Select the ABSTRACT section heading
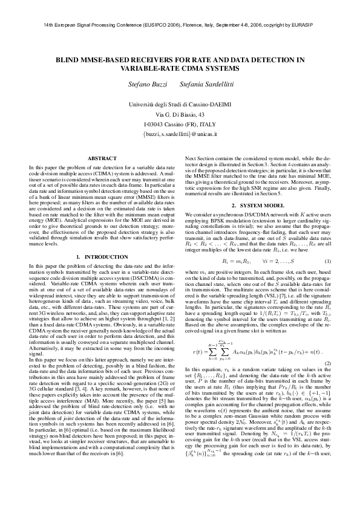102,158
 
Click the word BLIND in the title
69,61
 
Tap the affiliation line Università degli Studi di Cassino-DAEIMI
180,105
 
